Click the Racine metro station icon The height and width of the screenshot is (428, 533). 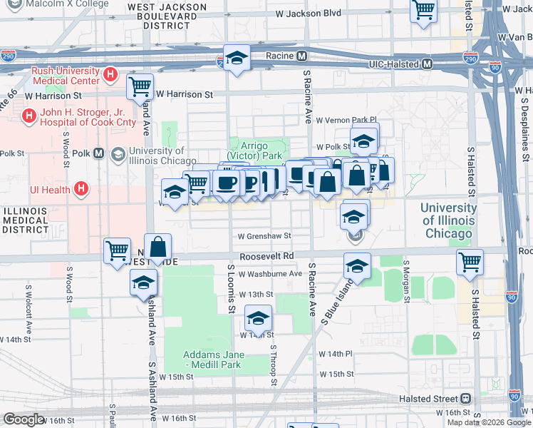point(302,56)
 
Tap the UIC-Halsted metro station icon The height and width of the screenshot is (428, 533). point(427,64)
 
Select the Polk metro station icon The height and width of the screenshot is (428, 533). point(98,153)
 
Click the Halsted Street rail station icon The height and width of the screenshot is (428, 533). point(465,399)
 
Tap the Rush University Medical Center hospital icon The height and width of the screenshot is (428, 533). point(110,74)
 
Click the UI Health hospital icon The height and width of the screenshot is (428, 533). point(81,189)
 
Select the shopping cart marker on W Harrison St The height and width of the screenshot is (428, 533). point(140,87)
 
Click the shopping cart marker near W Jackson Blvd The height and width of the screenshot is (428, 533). point(424,11)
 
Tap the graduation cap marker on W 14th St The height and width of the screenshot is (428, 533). point(258,317)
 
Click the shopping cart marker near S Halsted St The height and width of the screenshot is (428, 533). point(470,262)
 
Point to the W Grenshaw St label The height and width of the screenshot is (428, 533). point(264,235)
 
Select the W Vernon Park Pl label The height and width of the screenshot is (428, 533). point(346,121)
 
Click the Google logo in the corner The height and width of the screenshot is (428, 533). point(24,419)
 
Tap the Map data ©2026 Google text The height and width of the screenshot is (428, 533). point(488,422)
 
